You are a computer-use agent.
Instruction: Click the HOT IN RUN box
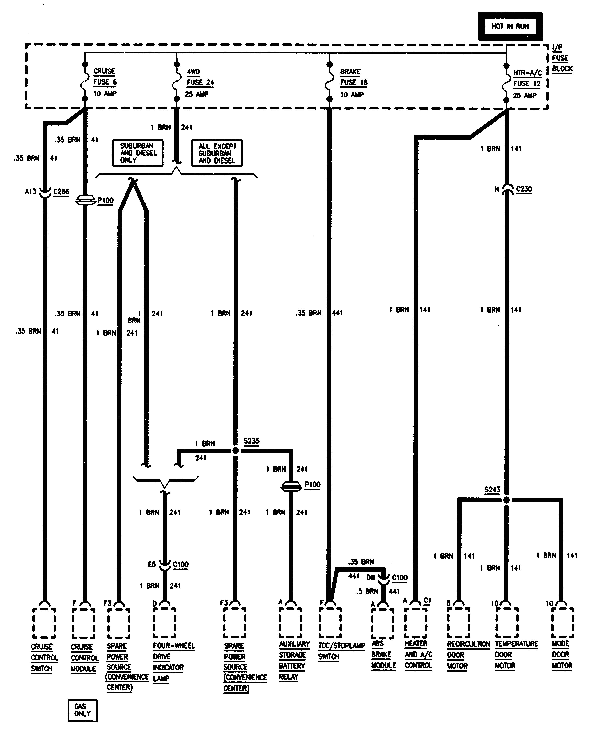(510, 26)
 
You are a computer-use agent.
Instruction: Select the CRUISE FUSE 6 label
(105, 82)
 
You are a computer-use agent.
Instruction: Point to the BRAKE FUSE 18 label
(353, 83)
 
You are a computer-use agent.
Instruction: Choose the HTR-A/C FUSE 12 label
(527, 84)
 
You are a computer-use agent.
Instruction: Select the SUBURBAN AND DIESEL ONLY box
(138, 153)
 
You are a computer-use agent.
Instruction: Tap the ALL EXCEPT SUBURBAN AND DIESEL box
(217, 153)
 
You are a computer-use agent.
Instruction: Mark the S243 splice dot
(507, 500)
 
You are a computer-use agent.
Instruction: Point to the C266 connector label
(61, 192)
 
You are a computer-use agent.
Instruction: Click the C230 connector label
(524, 189)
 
